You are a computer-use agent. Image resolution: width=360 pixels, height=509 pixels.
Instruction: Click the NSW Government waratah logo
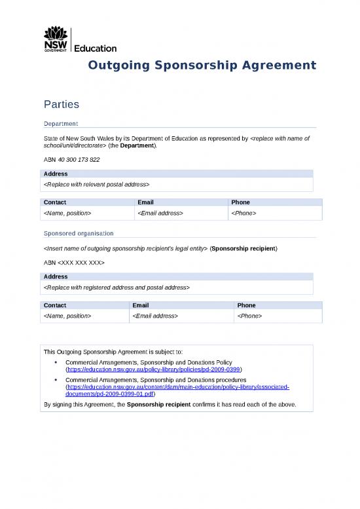55,39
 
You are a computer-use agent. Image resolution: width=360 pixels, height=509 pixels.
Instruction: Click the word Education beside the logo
96,48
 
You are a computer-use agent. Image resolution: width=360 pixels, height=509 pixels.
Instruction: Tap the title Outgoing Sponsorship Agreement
202,66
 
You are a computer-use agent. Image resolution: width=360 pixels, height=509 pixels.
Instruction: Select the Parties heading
62,104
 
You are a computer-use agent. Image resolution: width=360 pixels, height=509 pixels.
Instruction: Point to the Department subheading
61,123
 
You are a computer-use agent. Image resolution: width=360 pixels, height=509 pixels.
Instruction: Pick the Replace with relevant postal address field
96,185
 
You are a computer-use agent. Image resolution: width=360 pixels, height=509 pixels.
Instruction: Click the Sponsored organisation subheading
79,233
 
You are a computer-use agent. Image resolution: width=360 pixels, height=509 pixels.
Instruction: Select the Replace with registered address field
116,288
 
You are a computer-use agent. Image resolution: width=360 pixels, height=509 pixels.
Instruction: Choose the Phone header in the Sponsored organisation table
247,305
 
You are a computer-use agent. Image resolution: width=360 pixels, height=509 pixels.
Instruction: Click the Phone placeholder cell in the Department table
243,214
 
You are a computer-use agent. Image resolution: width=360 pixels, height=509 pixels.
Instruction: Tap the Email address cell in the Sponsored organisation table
155,316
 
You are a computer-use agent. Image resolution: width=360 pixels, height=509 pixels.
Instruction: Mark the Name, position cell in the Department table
67,214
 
